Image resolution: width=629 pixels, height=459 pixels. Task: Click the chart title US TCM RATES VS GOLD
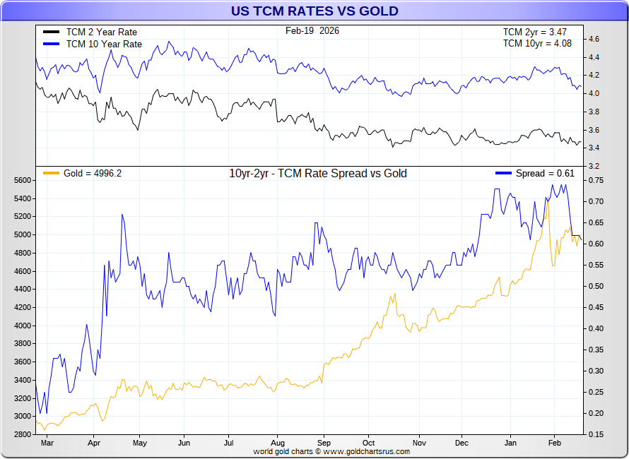tap(314, 11)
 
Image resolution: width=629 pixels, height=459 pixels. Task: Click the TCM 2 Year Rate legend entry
tap(101, 32)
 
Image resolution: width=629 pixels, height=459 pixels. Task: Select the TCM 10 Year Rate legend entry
tap(104, 44)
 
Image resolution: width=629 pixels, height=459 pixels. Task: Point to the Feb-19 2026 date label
tap(312, 30)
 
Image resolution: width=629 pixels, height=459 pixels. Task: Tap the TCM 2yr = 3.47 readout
tap(536, 32)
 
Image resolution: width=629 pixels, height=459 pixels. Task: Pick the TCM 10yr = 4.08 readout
tap(536, 43)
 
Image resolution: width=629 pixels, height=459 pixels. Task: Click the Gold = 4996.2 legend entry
tap(92, 173)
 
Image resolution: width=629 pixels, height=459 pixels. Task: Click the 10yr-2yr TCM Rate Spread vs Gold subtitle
tap(318, 173)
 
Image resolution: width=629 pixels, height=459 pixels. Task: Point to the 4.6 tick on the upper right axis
tap(594, 39)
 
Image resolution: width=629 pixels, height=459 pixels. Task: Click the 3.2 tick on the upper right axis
tap(594, 166)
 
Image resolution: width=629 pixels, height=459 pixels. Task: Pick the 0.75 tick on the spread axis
tap(597, 180)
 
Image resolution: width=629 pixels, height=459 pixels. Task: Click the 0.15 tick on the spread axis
tap(597, 434)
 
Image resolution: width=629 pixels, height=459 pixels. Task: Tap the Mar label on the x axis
tap(47, 443)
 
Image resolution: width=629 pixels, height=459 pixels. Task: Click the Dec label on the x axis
tap(462, 443)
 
